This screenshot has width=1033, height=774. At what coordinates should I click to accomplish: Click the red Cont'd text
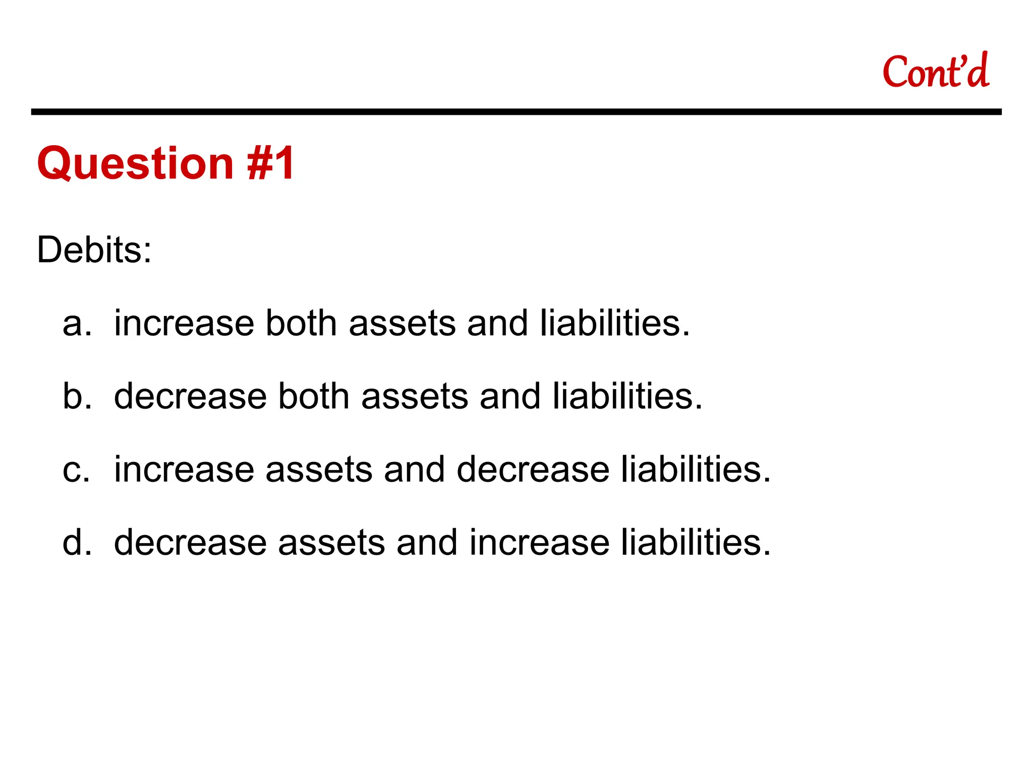point(936,72)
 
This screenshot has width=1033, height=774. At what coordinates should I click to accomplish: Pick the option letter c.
point(76,470)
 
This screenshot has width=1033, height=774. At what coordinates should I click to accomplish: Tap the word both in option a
point(301,323)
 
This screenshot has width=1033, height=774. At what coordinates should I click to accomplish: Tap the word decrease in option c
point(533,470)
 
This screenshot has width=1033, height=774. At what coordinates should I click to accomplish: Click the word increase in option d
point(539,543)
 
